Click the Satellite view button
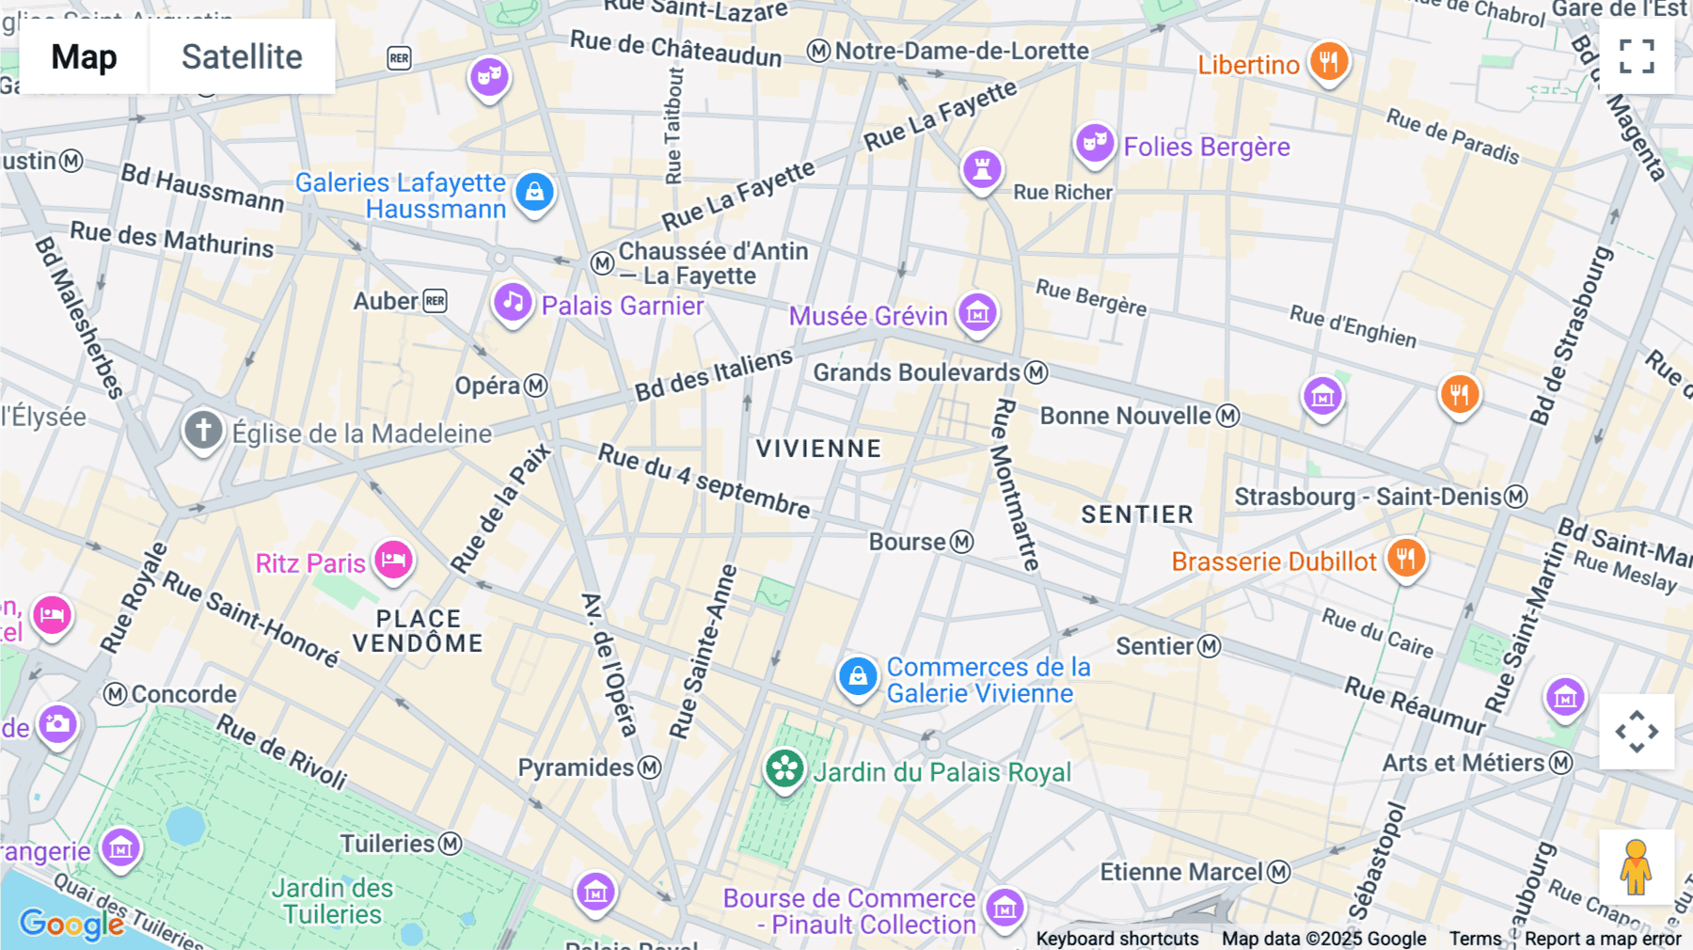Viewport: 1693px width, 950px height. click(x=242, y=56)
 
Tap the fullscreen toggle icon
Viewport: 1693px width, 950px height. click(x=1637, y=56)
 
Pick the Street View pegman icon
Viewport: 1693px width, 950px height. click(x=1636, y=867)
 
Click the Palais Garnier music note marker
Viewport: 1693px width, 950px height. click(x=513, y=303)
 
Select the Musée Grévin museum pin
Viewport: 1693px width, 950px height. click(x=977, y=312)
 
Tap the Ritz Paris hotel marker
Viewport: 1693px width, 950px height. click(x=393, y=561)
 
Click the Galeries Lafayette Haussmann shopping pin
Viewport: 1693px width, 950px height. click(x=534, y=193)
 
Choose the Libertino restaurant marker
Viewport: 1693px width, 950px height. click(x=1328, y=63)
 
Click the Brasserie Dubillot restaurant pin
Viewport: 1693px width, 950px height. click(x=1405, y=559)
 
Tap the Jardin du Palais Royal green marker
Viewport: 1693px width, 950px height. click(x=784, y=770)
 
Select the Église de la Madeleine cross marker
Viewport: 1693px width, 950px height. click(x=202, y=431)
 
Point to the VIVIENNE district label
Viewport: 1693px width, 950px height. click(x=818, y=449)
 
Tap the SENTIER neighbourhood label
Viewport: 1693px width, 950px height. click(x=1136, y=515)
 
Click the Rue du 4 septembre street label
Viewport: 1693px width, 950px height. click(x=704, y=482)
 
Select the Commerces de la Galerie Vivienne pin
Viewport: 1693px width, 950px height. click(x=858, y=676)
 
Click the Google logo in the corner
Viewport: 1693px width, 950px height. click(x=71, y=924)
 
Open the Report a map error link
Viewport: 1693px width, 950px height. click(x=1602, y=939)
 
